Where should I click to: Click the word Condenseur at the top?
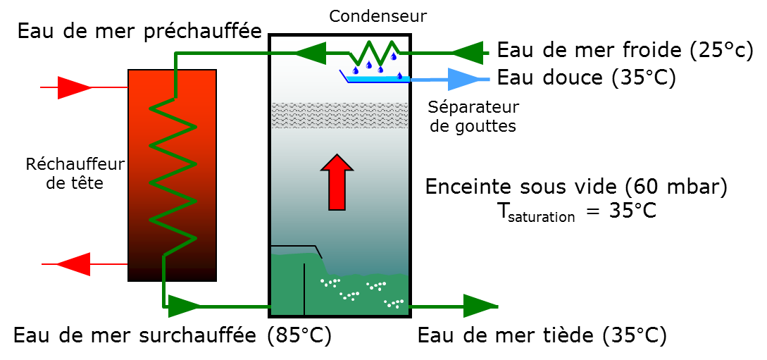tap(378, 16)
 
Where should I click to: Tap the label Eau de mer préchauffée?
tap(140, 32)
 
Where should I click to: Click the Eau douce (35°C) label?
tap(587, 77)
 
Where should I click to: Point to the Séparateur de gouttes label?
tap(473, 116)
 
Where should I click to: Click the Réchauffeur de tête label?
tap(75, 174)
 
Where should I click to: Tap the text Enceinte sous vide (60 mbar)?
tap(576, 187)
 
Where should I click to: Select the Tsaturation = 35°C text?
tap(575, 211)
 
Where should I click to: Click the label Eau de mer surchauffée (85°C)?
tap(172, 336)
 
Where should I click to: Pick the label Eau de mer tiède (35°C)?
tap(542, 336)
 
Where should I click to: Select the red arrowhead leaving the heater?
tap(74, 264)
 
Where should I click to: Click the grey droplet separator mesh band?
tap(339, 116)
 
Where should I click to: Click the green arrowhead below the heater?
tap(183, 306)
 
